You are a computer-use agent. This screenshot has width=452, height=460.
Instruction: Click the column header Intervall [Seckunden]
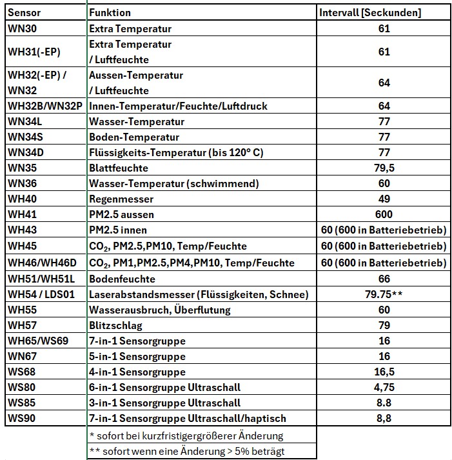tap(370, 13)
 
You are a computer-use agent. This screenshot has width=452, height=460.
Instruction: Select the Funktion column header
tap(110, 13)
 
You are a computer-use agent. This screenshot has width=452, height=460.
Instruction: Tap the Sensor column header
tap(25, 13)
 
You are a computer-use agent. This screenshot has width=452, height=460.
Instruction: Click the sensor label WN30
tap(22, 28)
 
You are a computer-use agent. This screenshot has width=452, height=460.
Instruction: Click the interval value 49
tap(384, 199)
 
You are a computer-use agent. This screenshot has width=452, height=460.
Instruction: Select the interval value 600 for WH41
tap(384, 214)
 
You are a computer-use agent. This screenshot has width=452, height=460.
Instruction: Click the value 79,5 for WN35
tap(384, 168)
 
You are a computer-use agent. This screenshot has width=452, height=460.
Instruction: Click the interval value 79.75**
tap(384, 294)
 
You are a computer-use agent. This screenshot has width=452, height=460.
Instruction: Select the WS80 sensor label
tap(22, 387)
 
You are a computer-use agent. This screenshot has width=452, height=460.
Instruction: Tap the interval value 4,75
tap(384, 387)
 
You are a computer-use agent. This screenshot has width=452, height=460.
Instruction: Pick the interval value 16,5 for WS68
tap(384, 372)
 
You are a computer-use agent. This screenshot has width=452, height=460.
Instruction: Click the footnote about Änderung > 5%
tap(187, 451)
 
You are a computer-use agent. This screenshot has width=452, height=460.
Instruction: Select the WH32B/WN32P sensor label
tap(45, 106)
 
